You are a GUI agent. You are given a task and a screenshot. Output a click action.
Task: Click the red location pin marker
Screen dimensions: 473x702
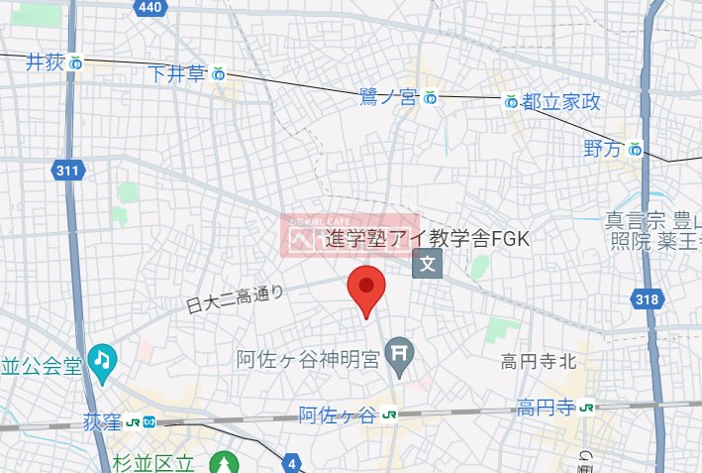(x=367, y=289)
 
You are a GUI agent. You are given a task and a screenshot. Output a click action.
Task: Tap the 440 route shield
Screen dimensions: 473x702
(x=150, y=9)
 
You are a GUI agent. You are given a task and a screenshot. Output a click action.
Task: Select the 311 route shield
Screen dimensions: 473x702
(x=66, y=171)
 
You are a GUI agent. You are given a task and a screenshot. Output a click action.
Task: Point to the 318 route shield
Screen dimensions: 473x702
(x=646, y=298)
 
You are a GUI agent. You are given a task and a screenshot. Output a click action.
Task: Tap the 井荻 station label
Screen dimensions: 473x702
(x=47, y=62)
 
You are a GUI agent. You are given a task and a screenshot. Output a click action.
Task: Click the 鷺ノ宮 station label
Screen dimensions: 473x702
(x=389, y=97)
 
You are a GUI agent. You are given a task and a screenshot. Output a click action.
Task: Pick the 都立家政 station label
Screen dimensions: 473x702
(x=560, y=101)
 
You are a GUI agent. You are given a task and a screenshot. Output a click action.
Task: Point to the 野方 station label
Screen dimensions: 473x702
(x=603, y=149)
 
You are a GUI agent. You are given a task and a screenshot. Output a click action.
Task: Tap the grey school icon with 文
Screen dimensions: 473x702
(x=428, y=263)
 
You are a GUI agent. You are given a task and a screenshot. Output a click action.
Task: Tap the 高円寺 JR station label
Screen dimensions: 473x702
(x=546, y=407)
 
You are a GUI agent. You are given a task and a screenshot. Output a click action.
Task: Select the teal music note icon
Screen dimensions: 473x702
(x=102, y=358)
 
